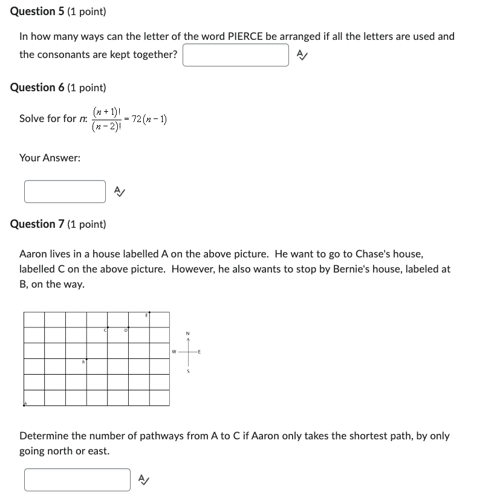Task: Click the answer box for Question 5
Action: pos(236,55)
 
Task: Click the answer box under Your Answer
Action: pos(65,192)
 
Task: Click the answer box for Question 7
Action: pos(77,480)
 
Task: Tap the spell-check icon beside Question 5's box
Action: pos(302,55)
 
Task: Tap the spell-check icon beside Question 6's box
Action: pos(120,192)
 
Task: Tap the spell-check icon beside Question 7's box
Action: pos(144,480)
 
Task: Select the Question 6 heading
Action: pos(58,88)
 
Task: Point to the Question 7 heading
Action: pos(58,224)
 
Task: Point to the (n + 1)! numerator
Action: pos(108,112)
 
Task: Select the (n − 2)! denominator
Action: pos(106,126)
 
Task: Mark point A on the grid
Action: pos(25,404)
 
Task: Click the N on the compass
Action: pos(188,334)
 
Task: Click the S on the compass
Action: pos(188,371)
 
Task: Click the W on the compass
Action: pos(174,351)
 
